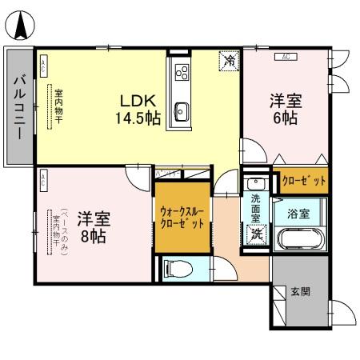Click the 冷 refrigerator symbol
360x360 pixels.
point(229,60)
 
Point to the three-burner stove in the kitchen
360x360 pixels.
point(182,73)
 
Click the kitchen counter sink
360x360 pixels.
point(181,110)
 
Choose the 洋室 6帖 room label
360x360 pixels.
point(285,110)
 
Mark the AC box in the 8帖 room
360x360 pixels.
point(43,180)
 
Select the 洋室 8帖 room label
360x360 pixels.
point(94,226)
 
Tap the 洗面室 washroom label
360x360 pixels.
point(255,207)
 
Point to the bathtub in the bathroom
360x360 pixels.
point(299,239)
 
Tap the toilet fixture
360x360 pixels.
point(176,267)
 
